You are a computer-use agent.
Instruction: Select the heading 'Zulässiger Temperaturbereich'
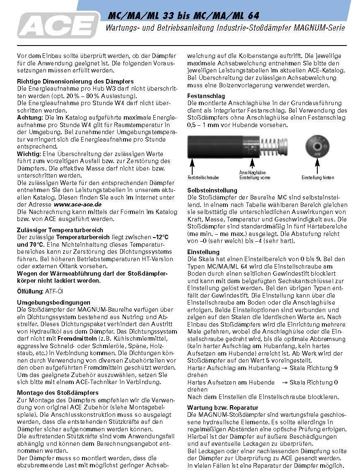pyautogui.click(x=60, y=230)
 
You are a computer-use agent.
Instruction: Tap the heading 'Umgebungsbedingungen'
pyautogui.click(x=53, y=303)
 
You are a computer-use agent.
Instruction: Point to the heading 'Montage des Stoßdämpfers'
pyautogui.click(x=58, y=392)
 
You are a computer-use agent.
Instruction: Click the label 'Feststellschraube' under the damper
pyautogui.click(x=203, y=177)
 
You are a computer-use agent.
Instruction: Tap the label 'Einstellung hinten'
pyautogui.click(x=317, y=177)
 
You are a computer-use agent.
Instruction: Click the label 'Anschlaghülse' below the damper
pyautogui.click(x=252, y=172)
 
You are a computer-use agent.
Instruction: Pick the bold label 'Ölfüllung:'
pyautogui.click(x=30, y=291)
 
